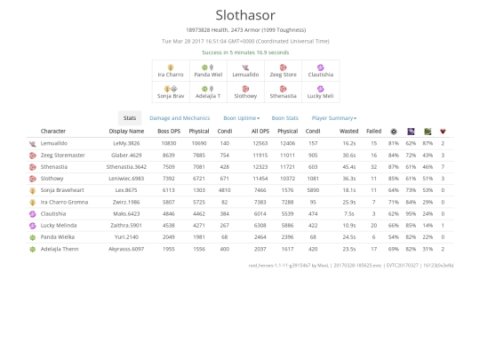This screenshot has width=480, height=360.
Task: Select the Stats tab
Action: coord(130,117)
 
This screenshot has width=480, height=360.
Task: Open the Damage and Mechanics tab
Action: coord(180,117)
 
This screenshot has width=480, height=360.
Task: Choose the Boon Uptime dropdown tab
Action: coord(241,117)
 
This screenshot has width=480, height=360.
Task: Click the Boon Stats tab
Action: coord(284,117)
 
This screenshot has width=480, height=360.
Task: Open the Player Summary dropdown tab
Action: coord(333,117)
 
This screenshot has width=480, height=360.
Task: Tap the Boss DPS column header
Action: coord(169,131)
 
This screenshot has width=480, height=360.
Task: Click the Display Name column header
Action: coord(126,131)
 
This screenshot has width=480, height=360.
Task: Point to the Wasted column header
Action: coord(349,131)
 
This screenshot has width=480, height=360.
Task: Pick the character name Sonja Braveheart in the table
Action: coord(64,189)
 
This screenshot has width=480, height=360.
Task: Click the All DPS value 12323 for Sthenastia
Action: coord(260,166)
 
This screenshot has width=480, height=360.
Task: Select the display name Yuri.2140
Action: coord(125,236)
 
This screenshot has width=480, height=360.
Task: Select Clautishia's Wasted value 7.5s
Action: coord(349,213)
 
